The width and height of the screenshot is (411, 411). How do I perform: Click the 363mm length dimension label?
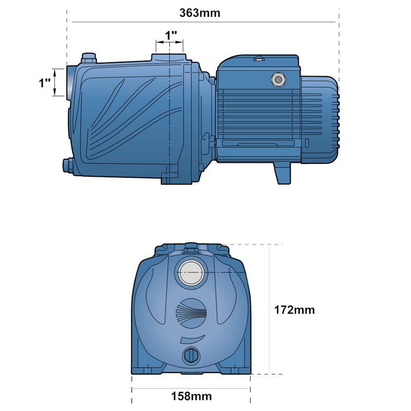(200, 13)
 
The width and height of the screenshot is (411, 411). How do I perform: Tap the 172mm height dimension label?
(294, 310)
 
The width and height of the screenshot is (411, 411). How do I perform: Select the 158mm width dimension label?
(191, 396)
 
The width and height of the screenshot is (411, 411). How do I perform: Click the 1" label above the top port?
(171, 35)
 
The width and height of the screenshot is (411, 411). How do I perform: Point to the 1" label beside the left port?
(45, 83)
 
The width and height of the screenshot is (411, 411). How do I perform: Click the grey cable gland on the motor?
(278, 80)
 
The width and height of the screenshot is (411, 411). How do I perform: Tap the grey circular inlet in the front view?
(191, 273)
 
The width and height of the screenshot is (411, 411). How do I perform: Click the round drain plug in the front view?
(191, 356)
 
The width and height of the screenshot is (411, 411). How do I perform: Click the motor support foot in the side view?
(283, 173)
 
